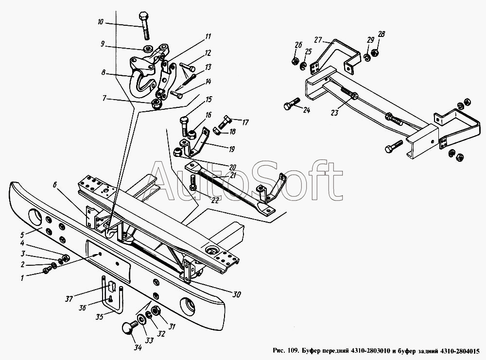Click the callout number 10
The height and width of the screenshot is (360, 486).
point(101,22)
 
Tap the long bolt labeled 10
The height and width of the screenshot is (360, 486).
point(145,26)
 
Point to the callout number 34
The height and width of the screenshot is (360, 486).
point(138,347)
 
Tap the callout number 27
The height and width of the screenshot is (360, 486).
point(318,40)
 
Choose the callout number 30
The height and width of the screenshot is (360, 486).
point(237,294)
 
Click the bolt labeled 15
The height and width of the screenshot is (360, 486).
point(184,127)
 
